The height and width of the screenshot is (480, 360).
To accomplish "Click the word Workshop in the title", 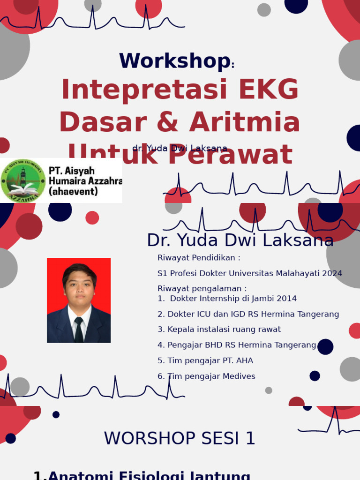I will point(174,61).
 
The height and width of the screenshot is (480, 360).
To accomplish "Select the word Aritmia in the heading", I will point(245,122).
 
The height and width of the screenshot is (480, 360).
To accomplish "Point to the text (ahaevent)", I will point(74,192).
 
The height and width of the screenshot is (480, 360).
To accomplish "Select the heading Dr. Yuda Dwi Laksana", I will point(240,240).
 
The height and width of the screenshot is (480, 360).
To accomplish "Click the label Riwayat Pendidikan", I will point(199,258).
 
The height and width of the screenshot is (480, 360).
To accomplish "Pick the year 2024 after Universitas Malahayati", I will point(332,273).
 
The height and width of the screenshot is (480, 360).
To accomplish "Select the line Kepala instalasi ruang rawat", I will point(219,330).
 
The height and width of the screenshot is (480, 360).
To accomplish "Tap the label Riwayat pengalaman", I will point(202,288).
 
